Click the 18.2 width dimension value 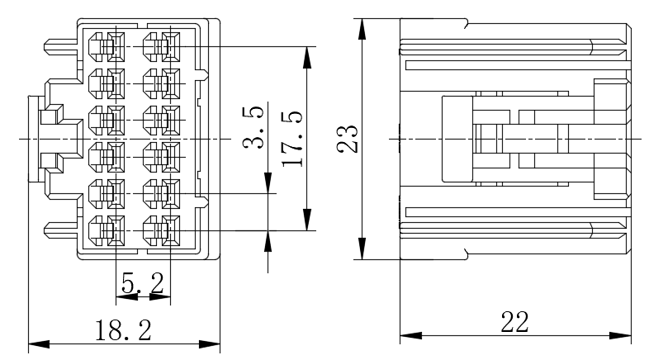click(123, 330)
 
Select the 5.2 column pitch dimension click(142, 283)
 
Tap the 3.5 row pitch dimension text click(253, 127)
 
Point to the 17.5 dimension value click(291, 140)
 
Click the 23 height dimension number click(348, 139)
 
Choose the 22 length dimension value click(515, 322)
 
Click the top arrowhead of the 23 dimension click(362, 29)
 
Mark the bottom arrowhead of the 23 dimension click(362, 249)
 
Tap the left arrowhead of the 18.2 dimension click(39, 343)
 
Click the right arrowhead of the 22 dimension click(620, 335)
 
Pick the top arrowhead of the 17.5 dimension click(306, 57)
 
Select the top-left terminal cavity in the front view click(107, 47)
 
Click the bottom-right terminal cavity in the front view click(161, 230)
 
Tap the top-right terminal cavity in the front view click(161, 47)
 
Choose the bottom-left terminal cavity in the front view click(107, 230)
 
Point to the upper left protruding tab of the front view click(60, 46)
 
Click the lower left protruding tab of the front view click(60, 230)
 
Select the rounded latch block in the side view click(457, 139)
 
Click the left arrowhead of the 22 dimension click(410, 335)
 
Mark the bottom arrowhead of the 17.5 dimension click(306, 220)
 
